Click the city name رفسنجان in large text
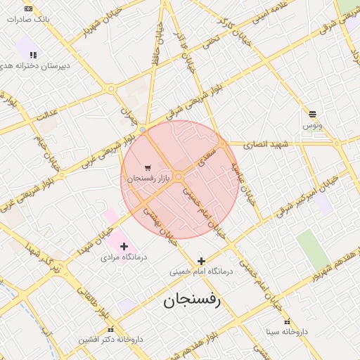[192, 301]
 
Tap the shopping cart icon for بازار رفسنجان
[148, 167]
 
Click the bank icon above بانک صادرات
[28, 8]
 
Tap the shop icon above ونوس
[312, 114]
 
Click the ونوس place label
[312, 125]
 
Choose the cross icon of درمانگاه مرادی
[124, 246]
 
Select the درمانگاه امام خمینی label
[200, 271]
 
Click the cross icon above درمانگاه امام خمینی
[201, 261]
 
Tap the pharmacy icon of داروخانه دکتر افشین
[110, 329]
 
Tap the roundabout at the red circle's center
[179, 176]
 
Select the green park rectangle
[312, 250]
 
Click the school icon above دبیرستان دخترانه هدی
[32, 54]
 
